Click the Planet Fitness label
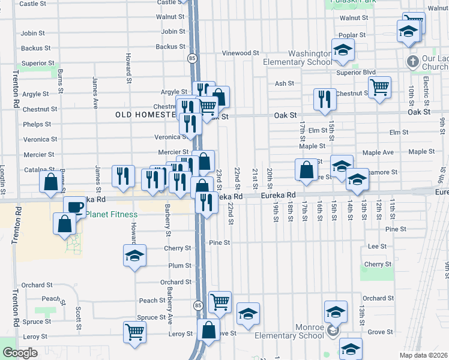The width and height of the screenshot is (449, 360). pyautogui.click(x=112, y=214)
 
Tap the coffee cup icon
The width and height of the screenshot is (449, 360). pyautogui.click(x=74, y=208)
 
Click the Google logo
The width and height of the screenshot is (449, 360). pyautogui.click(x=20, y=353)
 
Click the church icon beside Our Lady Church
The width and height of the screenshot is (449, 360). pyautogui.click(x=412, y=61)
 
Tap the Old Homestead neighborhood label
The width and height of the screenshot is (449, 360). pyautogui.click(x=146, y=114)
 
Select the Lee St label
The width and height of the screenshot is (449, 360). pyautogui.click(x=376, y=246)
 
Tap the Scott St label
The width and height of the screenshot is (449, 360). pyautogui.click(x=79, y=313)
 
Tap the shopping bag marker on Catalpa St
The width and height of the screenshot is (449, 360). pyautogui.click(x=51, y=181)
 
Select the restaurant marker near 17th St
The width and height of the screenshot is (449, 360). pyautogui.click(x=325, y=99)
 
